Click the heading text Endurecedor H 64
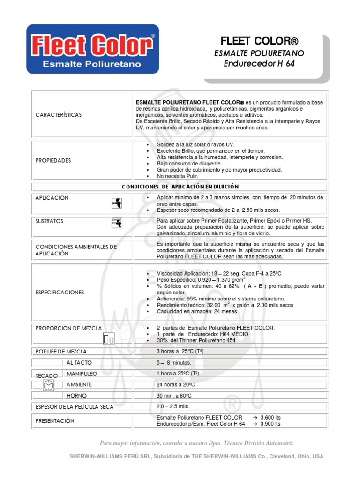pos(259,64)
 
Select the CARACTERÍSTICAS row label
pos(59,115)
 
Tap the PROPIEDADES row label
pos(53,160)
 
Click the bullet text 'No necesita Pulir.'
pos(178,176)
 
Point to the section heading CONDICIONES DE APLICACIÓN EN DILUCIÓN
pos(180,187)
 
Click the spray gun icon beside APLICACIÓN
pos(116,202)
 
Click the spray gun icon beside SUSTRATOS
pos(116,223)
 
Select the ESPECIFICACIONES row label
pos(60,292)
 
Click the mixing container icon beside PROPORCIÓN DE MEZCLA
pos(108,338)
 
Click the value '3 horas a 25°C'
pos(173,351)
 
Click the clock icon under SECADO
pos(48,385)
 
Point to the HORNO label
pos(76,396)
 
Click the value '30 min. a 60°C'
pos(174,396)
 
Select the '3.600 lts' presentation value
pos(270,417)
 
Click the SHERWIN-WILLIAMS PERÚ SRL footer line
pos(196,456)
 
